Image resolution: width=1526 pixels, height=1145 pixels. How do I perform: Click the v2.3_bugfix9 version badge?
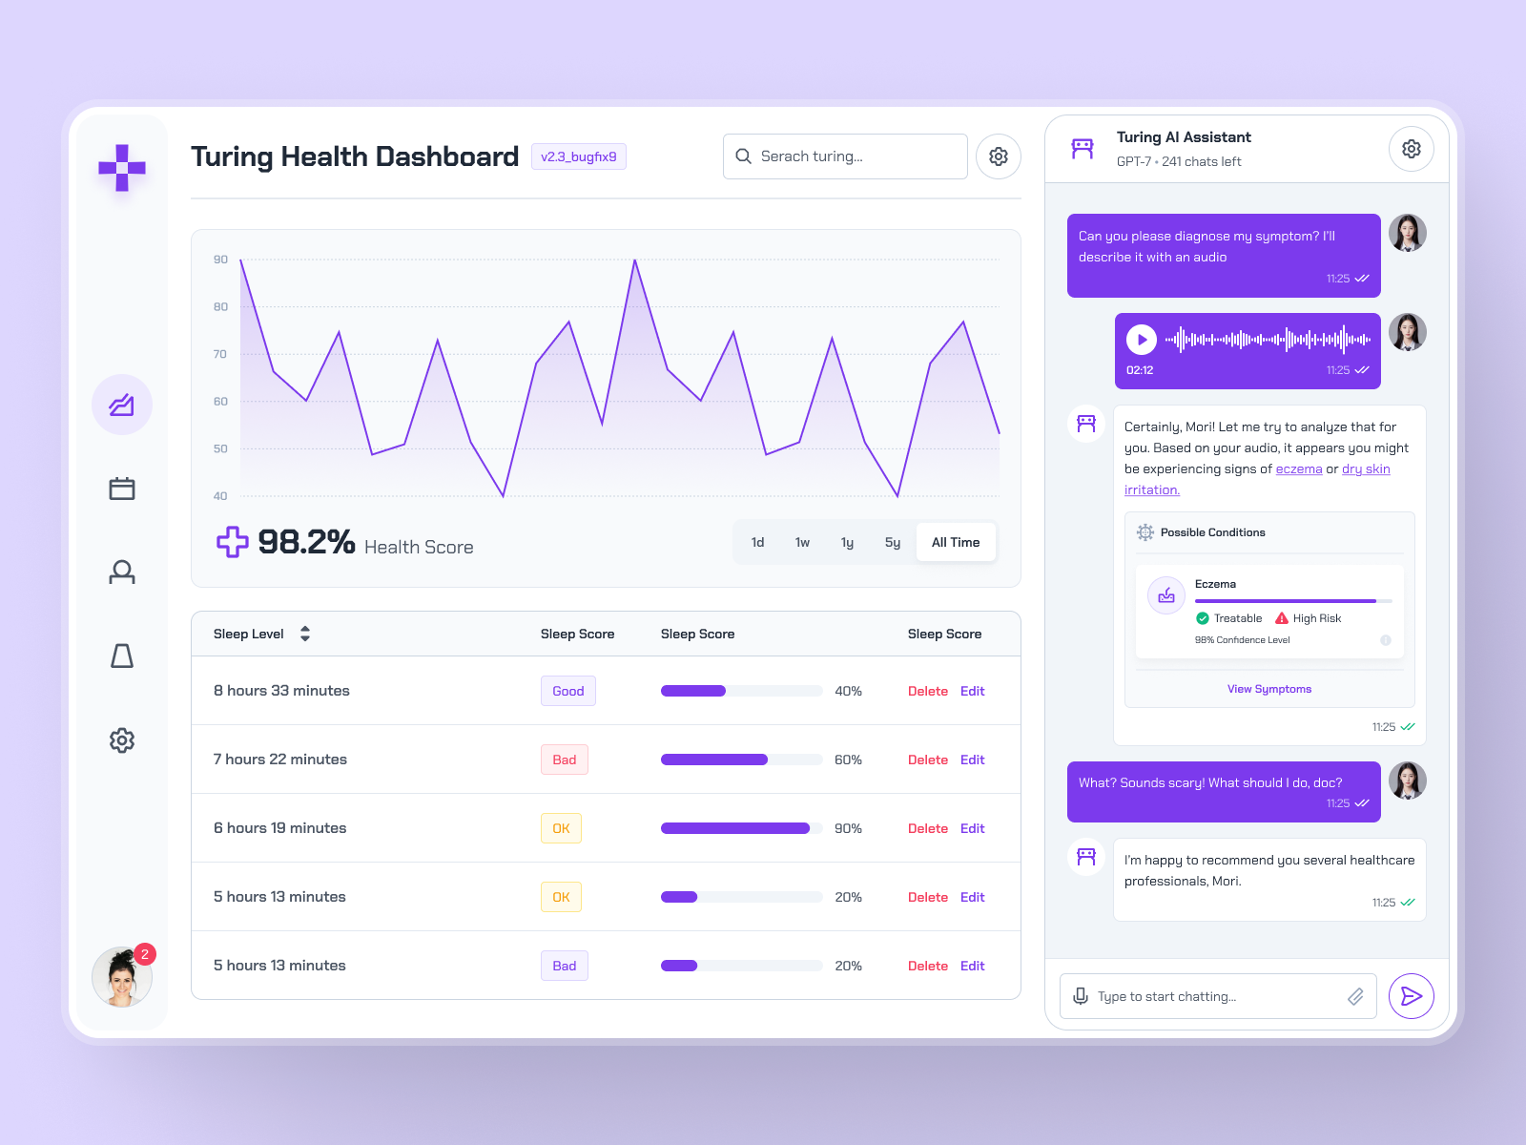click(x=578, y=156)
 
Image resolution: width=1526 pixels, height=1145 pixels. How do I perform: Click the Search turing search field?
click(x=845, y=156)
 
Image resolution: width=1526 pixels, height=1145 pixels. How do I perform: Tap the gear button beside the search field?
click(x=998, y=156)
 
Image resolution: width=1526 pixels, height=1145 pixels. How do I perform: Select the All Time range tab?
click(x=955, y=542)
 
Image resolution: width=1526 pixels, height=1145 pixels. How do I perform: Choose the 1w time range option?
click(x=802, y=542)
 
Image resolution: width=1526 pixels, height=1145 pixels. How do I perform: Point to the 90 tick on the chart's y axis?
click(x=220, y=260)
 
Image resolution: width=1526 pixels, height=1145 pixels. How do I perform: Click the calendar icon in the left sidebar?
click(x=122, y=489)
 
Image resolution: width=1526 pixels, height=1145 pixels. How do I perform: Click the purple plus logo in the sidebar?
click(x=122, y=168)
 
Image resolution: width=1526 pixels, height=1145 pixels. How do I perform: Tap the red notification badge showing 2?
click(x=145, y=954)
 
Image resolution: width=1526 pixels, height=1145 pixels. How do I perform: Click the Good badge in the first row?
click(x=567, y=691)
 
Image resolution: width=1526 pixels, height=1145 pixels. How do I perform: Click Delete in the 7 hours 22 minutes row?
click(x=927, y=760)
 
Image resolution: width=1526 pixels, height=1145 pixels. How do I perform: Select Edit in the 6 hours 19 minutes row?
click(x=972, y=828)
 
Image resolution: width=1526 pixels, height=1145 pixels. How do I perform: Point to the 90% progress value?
click(x=848, y=828)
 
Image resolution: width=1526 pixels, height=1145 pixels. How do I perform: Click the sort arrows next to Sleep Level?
click(x=305, y=634)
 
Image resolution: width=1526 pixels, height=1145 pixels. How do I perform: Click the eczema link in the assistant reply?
click(x=1298, y=469)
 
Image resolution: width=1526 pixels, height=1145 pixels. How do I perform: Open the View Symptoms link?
click(x=1268, y=689)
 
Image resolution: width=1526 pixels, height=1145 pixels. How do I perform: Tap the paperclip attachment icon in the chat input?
click(x=1355, y=996)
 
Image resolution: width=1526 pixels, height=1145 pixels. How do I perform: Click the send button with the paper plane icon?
click(x=1412, y=996)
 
